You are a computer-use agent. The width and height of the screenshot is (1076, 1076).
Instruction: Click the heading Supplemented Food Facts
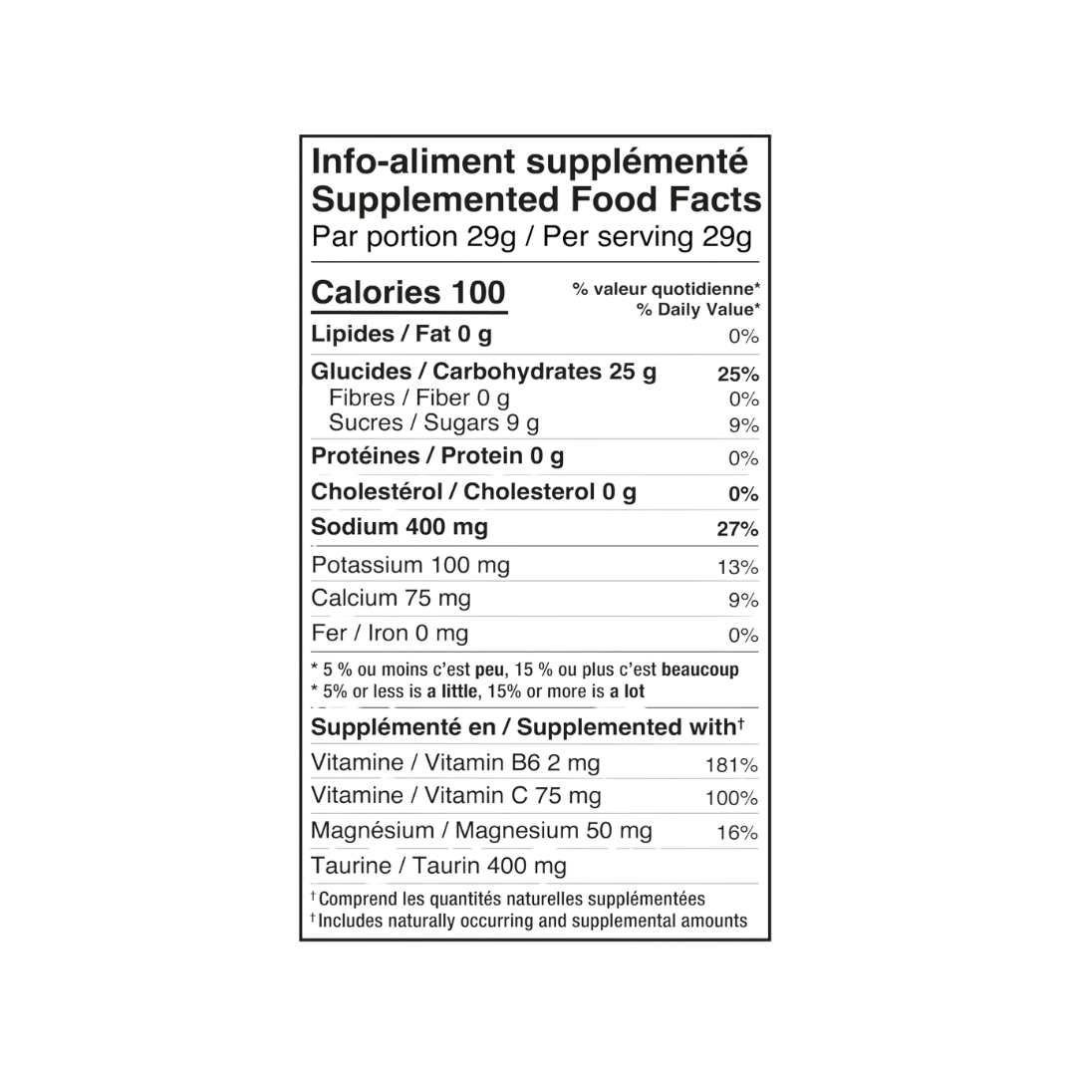(x=536, y=199)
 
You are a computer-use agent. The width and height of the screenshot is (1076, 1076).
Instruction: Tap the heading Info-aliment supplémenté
(x=529, y=162)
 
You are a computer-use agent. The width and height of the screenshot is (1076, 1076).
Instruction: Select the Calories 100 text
(x=408, y=292)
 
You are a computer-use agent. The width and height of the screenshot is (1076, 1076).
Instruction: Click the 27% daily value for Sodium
(x=737, y=529)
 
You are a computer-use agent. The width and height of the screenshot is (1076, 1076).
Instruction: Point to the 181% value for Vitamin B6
(x=731, y=765)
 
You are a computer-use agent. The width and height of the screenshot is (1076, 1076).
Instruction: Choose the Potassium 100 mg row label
(x=410, y=566)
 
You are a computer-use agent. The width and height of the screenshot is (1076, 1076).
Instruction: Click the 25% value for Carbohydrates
(x=738, y=375)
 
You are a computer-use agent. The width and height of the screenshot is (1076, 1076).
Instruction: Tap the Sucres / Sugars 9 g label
(x=433, y=423)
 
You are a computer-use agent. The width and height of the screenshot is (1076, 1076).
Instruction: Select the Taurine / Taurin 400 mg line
(x=438, y=866)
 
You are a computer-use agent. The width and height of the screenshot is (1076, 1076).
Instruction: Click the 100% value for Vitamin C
(x=731, y=798)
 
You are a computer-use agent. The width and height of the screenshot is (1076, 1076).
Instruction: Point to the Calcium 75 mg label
(x=392, y=599)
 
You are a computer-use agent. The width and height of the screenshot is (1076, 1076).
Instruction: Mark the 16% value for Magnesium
(x=737, y=833)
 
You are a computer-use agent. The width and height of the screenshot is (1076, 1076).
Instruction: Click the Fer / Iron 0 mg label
(x=390, y=634)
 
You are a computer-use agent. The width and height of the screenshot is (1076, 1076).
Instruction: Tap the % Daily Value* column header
(x=697, y=310)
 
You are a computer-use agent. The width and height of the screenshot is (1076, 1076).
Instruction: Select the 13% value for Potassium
(x=737, y=568)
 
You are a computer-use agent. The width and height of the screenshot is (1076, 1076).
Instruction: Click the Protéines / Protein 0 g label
(x=437, y=456)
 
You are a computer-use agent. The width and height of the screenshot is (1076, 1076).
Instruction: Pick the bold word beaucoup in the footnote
(x=700, y=670)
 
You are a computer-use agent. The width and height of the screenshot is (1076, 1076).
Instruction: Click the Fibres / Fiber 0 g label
(x=419, y=398)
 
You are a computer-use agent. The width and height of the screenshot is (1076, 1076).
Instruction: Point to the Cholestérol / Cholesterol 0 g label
(x=473, y=492)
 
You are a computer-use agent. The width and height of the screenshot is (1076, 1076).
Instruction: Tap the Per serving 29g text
(x=648, y=237)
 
